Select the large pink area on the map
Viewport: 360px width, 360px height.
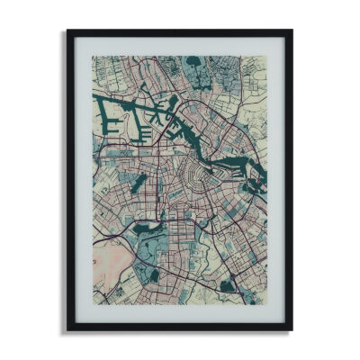(112, 265)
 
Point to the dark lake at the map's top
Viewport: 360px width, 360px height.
(194, 68)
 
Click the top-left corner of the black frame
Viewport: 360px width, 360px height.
(68, 32)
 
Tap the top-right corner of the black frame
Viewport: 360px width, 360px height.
(291, 32)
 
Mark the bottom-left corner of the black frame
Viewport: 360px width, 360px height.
(68, 328)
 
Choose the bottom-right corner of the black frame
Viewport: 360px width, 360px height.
(291, 328)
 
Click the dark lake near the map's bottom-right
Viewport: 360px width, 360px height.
(227, 286)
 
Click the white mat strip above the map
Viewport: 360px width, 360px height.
(180, 46)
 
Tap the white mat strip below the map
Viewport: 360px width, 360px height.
(180, 314)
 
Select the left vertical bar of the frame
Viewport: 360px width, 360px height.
(70, 180)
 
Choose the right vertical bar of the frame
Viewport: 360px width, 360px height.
(289, 180)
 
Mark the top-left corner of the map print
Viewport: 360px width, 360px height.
(92, 57)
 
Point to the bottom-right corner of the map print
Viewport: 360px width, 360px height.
(267, 305)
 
